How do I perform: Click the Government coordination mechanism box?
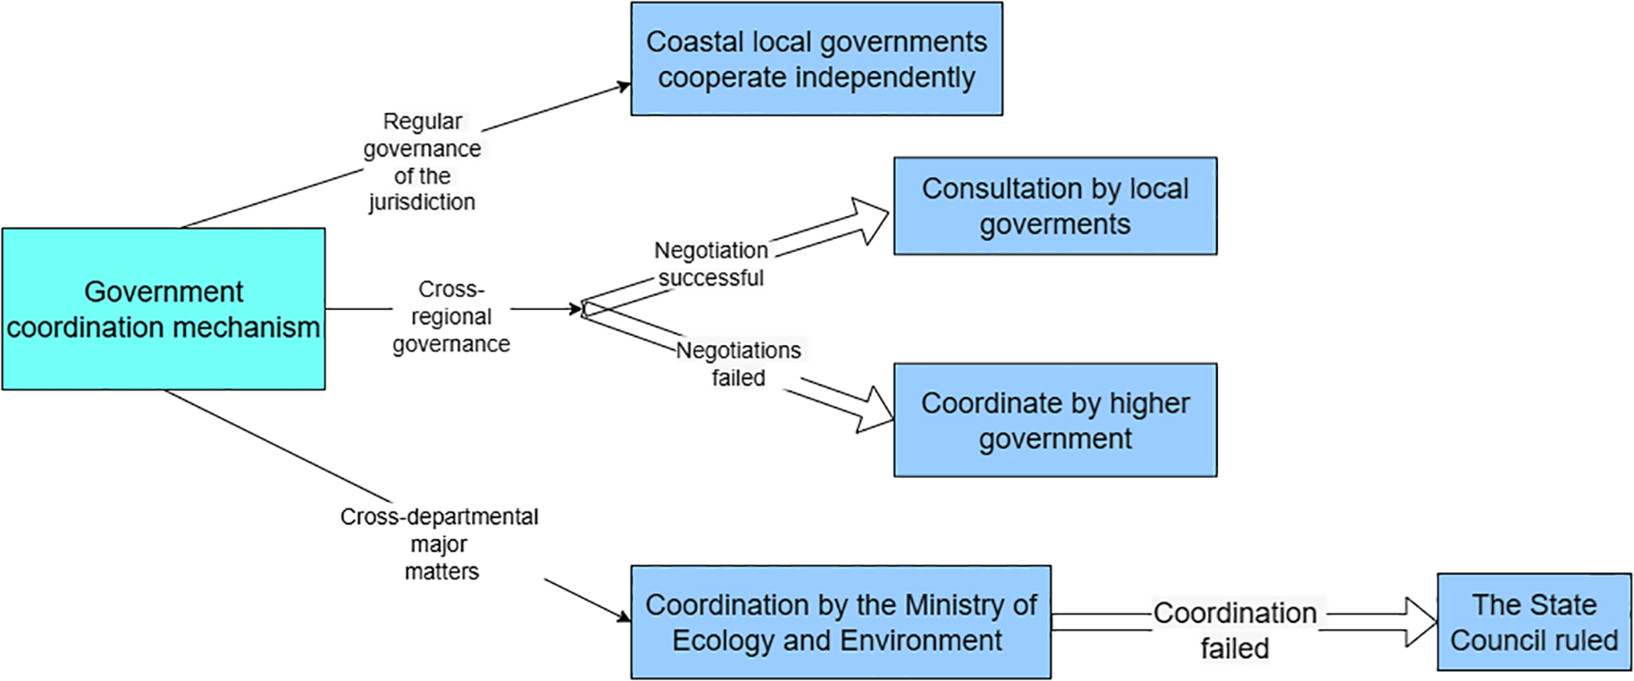[163, 308]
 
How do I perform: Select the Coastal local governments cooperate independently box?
[816, 59]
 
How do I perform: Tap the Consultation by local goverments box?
[1055, 206]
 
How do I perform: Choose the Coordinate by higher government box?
[1055, 420]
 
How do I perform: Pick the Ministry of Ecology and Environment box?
[840, 622]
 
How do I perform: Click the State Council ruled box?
[1533, 622]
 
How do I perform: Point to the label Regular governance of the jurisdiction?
[422, 161]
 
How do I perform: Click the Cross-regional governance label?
[451, 317]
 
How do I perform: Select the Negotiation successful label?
[711, 264]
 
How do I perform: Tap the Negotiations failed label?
[739, 364]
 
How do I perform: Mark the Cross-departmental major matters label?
[440, 544]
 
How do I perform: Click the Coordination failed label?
[1235, 630]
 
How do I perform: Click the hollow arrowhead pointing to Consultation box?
[871, 220]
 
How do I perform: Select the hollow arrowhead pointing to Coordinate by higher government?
[876, 410]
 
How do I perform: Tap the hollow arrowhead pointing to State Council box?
[1420, 622]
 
